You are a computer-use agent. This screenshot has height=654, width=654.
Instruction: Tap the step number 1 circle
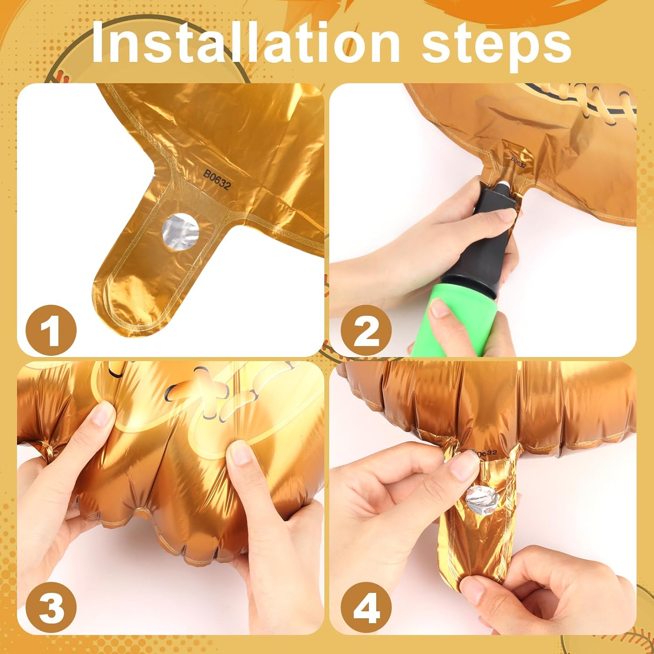point(51,330)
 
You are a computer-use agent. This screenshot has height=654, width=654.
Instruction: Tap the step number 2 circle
point(366,330)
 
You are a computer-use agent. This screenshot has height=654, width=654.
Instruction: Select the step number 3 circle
point(51,608)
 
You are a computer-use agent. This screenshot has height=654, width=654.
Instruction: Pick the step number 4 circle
point(366,608)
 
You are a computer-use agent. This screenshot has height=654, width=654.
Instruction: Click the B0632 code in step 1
point(217,180)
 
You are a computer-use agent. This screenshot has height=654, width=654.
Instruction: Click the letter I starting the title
point(101,41)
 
